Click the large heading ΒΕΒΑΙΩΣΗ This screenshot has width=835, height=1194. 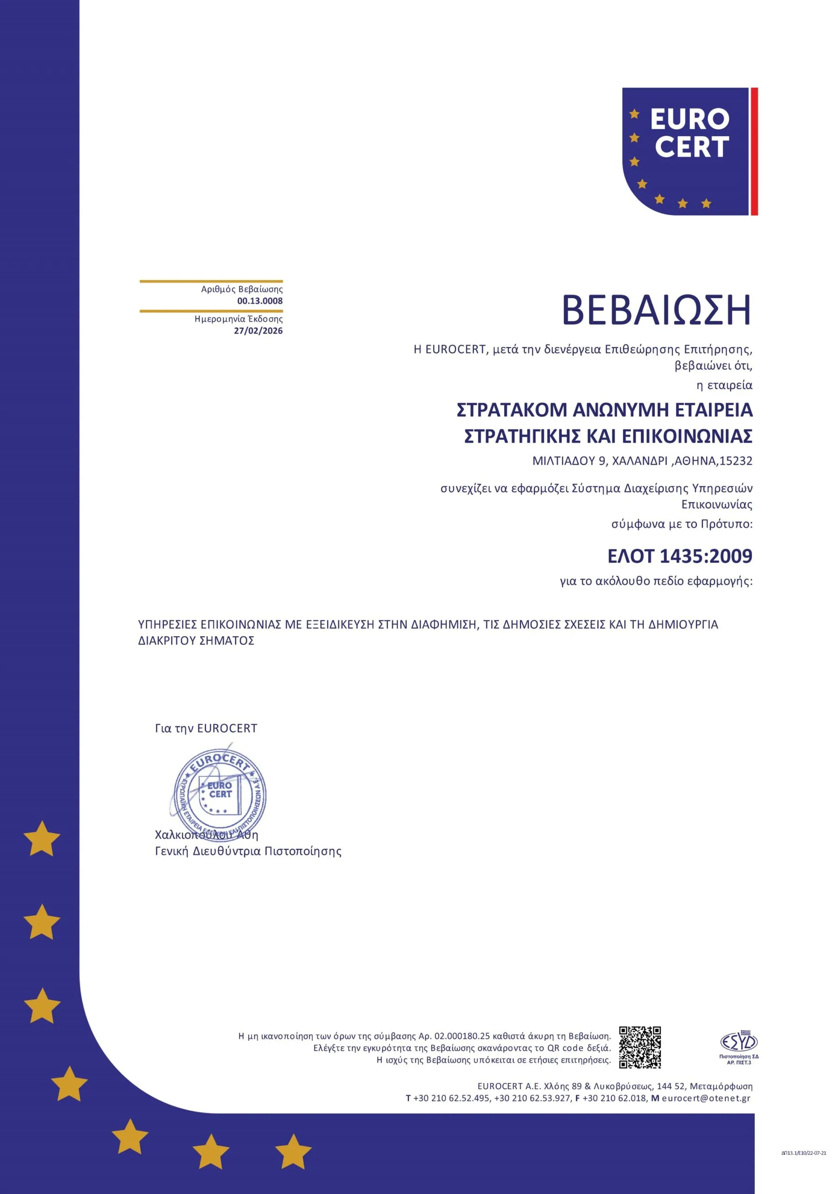point(656,311)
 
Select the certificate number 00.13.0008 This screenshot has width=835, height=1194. point(260,301)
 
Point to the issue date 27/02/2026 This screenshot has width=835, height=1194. point(258,331)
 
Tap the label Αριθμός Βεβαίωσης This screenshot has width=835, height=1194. point(242,289)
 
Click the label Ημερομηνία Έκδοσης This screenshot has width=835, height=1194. point(239,319)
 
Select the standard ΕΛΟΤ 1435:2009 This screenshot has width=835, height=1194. point(680,556)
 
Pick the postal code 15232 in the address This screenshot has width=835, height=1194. point(736,461)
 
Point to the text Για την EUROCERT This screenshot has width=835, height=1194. point(206,729)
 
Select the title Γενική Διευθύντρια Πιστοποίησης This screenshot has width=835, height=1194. point(248,851)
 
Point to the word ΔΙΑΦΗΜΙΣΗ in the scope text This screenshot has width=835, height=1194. point(444,625)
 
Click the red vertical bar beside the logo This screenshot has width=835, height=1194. point(754,151)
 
